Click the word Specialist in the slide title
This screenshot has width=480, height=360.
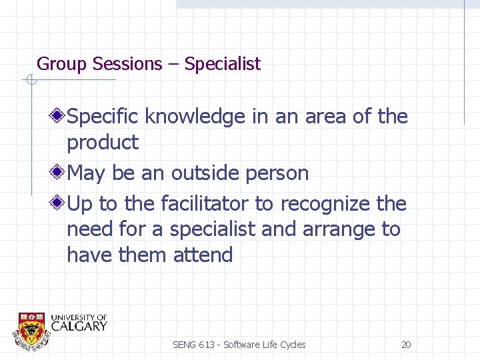point(223,65)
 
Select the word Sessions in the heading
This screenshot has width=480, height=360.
point(127,65)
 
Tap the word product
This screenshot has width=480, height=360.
point(103,143)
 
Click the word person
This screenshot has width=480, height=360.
point(277,173)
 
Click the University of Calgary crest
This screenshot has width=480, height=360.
point(31,329)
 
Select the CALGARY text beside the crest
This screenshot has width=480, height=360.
point(79,326)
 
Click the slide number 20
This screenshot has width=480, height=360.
point(406,345)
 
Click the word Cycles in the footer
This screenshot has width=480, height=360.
point(293,345)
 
